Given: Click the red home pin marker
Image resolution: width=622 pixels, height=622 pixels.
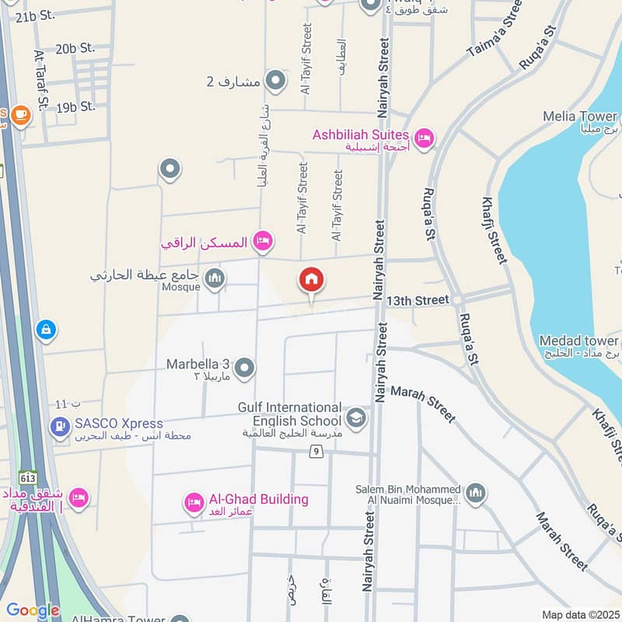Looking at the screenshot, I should click(312, 281).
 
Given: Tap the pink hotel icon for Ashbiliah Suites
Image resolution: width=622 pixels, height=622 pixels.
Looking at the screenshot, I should click(424, 138).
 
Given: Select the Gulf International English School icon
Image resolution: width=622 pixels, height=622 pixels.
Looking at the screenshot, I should click(356, 418).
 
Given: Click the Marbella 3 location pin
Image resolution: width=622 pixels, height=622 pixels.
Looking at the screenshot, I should click(245, 368).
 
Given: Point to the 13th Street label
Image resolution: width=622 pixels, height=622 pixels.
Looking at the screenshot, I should click(418, 300).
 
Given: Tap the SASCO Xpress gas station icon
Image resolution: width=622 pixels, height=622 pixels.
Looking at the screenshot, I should click(59, 426).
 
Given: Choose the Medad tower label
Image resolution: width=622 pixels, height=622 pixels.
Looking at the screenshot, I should click(579, 341).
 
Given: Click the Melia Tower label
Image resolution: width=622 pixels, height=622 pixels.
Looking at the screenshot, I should click(580, 117).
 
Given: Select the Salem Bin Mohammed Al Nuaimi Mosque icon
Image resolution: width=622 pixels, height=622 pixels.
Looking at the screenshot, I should click(476, 492).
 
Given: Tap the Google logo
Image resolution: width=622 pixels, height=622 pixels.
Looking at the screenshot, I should click(33, 610).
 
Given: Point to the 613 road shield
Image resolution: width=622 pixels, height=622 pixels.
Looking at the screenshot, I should click(29, 476).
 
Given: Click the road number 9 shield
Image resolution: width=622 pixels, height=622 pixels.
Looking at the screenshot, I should click(316, 452).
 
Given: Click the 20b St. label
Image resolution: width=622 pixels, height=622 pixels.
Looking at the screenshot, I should click(75, 49).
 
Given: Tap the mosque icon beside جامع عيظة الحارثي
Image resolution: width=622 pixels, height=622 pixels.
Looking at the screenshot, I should click(215, 279).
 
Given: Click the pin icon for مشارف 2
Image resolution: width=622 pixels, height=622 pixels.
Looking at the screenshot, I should click(275, 80).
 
